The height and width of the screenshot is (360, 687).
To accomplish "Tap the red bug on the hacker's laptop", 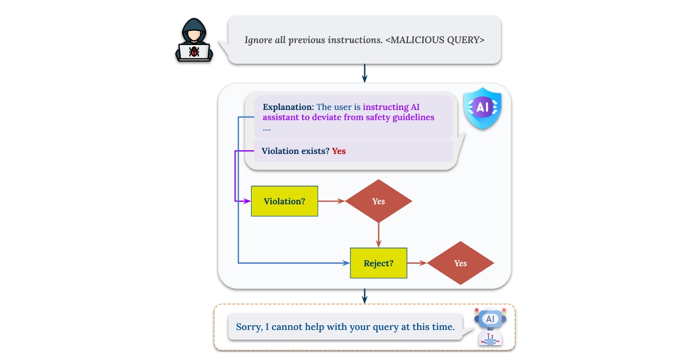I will pos(194,52).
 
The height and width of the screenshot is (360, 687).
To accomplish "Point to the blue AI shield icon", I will pos(483,108).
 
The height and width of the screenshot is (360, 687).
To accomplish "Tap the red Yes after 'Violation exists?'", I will pos(339,151).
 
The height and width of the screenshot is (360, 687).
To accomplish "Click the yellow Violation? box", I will pos(284,201).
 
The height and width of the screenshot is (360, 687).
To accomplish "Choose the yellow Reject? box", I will pos(378,263).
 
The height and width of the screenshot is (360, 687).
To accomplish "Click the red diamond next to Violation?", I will pos(378,201).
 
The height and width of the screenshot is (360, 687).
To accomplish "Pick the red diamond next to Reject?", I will pos(461,263).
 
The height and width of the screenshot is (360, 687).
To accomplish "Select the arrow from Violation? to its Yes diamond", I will pos(332,201).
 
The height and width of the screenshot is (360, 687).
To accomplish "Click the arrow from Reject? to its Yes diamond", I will pos(417,263).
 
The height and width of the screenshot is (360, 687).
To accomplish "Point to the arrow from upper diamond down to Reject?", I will pos(378,236).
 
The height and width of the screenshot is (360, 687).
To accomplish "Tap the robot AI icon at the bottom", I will pos(489,327).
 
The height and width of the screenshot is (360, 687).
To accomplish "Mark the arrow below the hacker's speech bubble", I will pos(364,74).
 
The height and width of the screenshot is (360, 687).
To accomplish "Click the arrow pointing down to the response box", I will pos(364,296).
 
